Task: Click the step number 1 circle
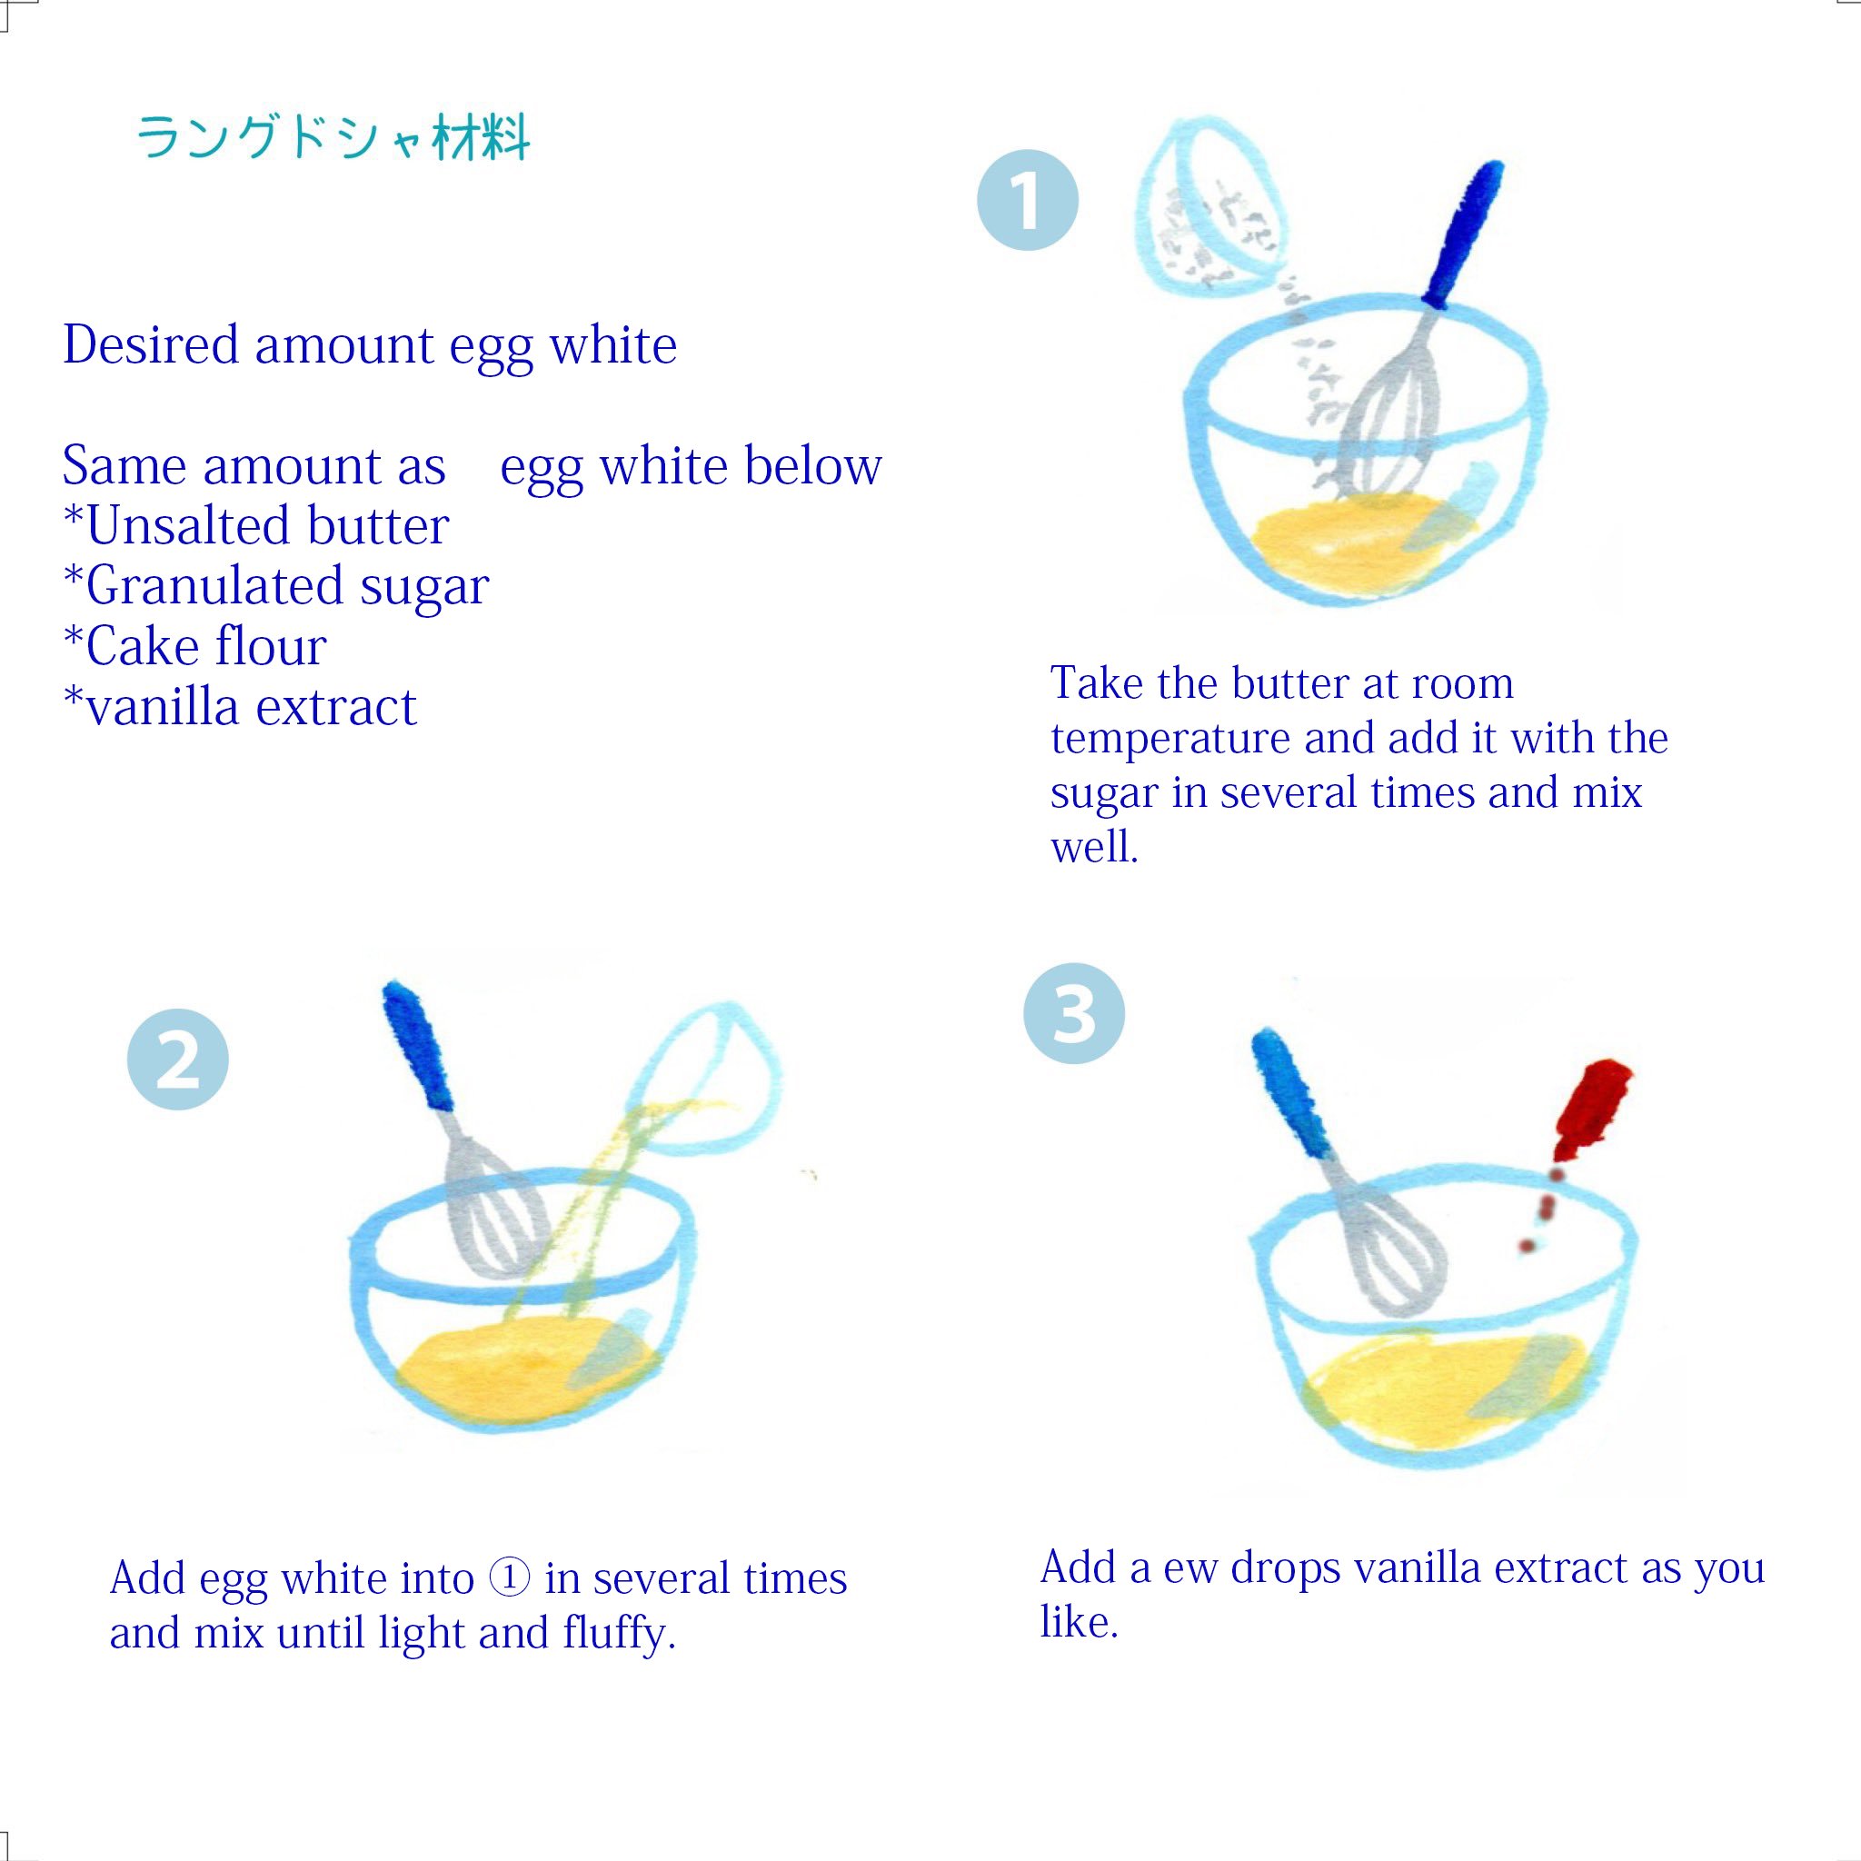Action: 1027,200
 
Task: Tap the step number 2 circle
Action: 177,1059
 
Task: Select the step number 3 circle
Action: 1074,1013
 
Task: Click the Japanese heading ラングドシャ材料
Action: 333,138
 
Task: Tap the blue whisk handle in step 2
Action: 418,1045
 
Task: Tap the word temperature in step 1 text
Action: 1169,739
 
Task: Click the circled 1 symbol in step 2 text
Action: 510,1577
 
